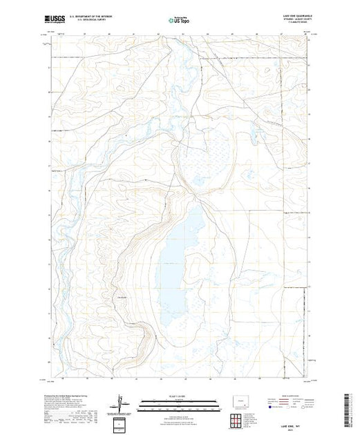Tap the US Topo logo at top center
tap(178, 19)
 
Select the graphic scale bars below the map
tap(179, 402)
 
